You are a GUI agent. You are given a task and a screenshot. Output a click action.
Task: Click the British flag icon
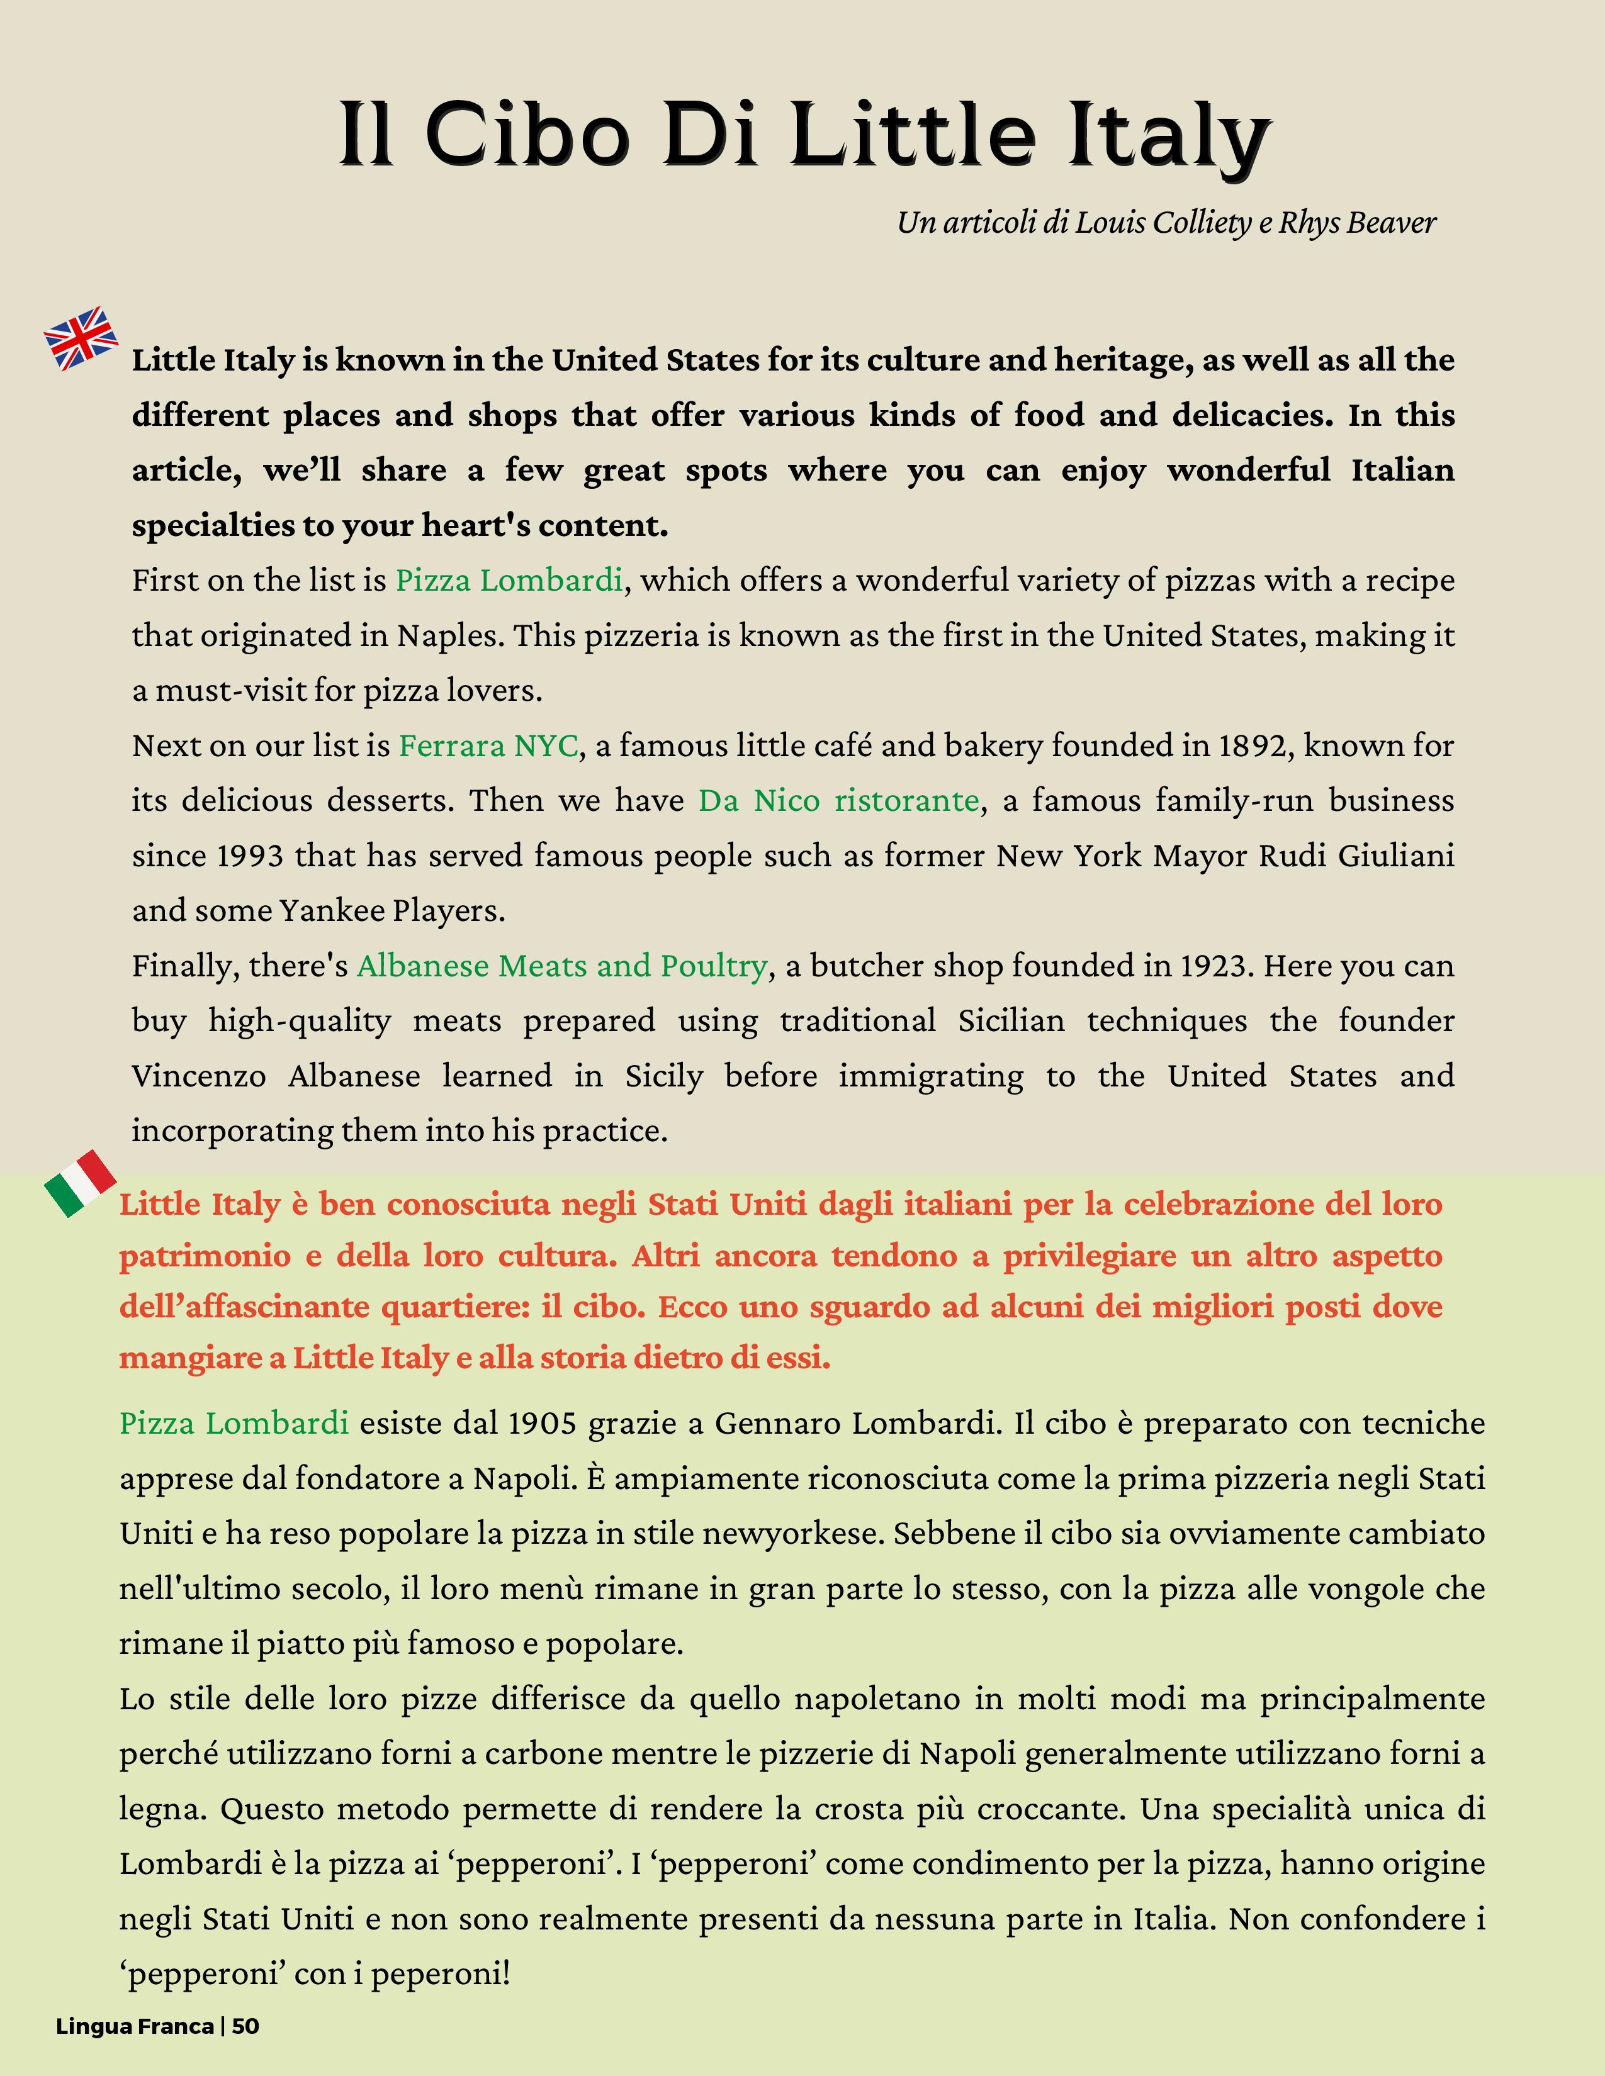pos(81,338)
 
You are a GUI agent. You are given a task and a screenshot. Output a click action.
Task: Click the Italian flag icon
pos(80,1183)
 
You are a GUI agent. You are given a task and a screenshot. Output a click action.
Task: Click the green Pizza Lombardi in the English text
pos(509,580)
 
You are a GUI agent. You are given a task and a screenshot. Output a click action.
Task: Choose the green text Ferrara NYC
pos(488,745)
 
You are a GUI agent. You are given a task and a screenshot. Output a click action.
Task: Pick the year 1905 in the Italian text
pos(542,1423)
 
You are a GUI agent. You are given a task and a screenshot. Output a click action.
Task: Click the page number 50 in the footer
pos(245,2026)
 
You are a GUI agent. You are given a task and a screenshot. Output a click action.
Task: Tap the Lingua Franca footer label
pos(135,2026)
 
